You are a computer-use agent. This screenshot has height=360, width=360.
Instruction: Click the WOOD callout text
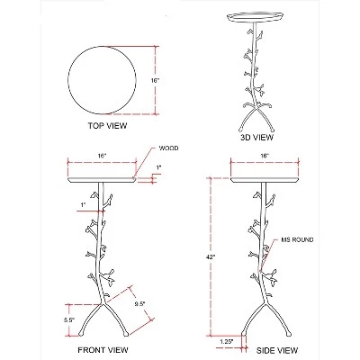point(170,148)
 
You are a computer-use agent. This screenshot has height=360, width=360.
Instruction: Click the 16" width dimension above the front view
point(100,155)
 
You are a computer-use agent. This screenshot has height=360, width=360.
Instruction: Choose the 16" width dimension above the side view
point(265,155)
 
